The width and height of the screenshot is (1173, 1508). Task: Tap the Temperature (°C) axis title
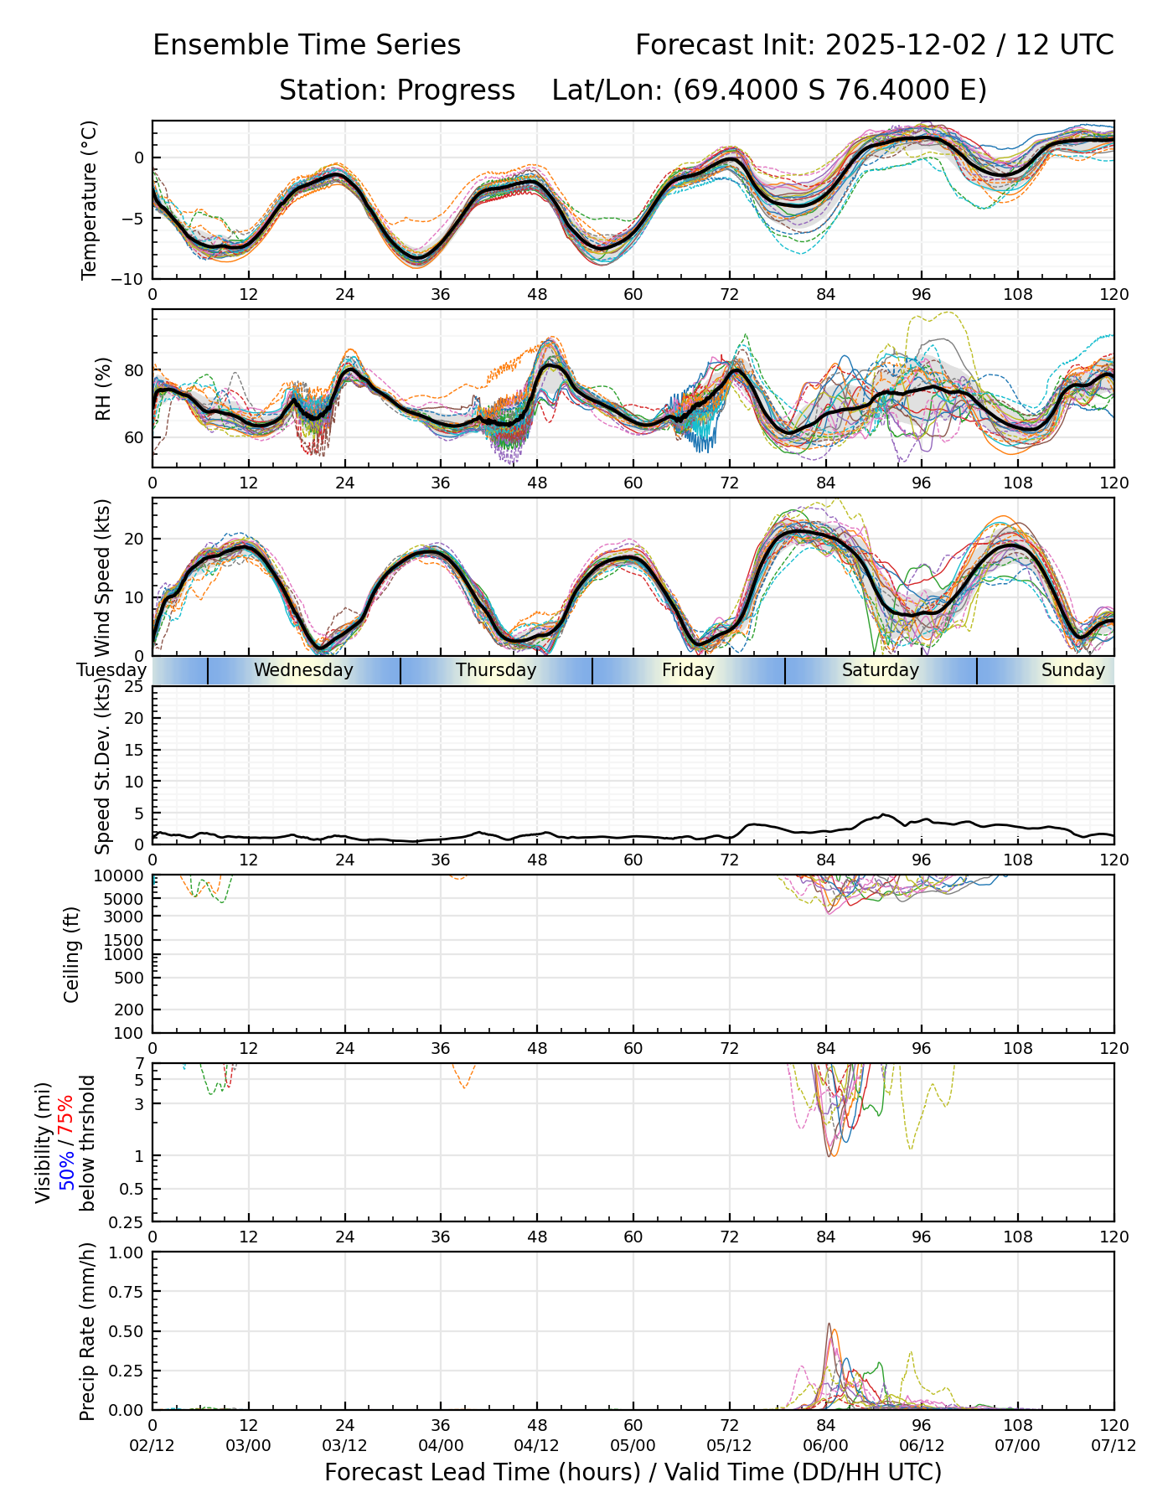(x=89, y=199)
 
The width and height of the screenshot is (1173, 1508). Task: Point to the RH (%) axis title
(x=103, y=389)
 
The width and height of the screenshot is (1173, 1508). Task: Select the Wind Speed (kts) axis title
(x=103, y=578)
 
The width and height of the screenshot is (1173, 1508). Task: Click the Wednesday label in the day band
(x=303, y=670)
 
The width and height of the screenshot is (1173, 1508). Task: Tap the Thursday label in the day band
(x=496, y=670)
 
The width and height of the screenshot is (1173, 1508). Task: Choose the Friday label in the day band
(x=688, y=670)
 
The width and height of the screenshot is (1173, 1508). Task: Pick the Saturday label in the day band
(x=881, y=670)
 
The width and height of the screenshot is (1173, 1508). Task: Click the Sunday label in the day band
(x=1072, y=670)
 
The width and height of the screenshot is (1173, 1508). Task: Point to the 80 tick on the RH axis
(x=134, y=370)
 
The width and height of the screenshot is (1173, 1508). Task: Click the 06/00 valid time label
(x=825, y=1446)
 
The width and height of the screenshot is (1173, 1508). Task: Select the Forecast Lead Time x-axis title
(x=633, y=1473)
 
